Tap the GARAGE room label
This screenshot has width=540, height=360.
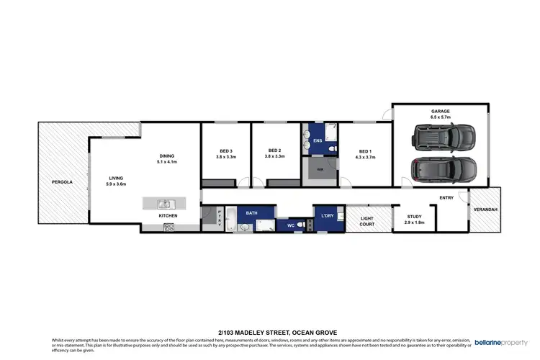441,112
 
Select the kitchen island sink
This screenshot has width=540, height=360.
163,203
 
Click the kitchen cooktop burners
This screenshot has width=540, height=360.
170,228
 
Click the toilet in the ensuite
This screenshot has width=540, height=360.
330,150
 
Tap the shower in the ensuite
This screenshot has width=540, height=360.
330,132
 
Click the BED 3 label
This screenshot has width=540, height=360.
225,150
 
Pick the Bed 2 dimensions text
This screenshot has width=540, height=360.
275,157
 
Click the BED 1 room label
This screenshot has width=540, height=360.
365,150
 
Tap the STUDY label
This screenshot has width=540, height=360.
414,216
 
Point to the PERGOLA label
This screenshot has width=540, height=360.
62,182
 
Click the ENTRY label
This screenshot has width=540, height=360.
446,198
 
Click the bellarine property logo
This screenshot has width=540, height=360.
502,343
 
